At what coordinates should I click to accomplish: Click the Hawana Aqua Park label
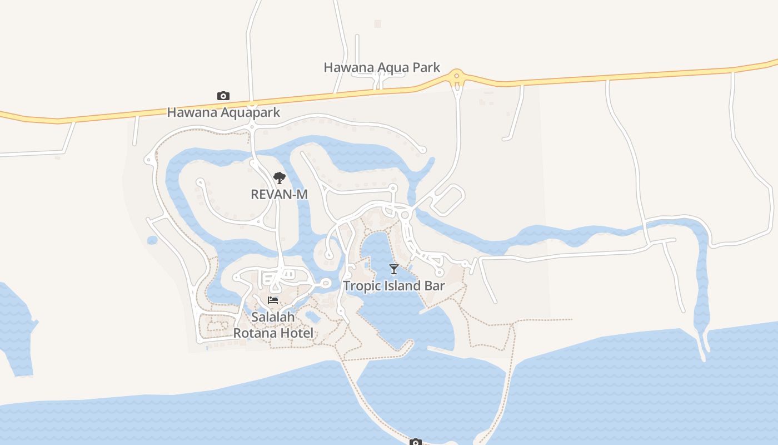[382, 68]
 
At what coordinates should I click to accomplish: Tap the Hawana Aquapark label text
[223, 112]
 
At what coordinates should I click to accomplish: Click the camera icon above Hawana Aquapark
[223, 96]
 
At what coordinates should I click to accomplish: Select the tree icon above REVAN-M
[280, 178]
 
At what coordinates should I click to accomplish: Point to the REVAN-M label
[279, 194]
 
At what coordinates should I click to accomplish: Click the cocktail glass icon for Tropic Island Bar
[394, 269]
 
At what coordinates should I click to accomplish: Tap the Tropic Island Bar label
[394, 286]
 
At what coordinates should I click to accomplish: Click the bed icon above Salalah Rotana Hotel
[273, 300]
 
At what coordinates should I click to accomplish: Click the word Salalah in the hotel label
[273, 317]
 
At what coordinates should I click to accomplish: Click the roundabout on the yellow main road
[457, 76]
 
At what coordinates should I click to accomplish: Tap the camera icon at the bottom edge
[416, 442]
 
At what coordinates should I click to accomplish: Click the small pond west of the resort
[152, 240]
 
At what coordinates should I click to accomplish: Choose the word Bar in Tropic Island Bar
[435, 286]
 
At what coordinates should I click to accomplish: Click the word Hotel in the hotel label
[299, 333]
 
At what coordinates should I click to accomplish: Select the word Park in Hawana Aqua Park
[426, 68]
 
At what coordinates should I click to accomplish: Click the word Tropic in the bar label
[360, 286]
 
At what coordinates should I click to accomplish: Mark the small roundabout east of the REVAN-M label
[405, 215]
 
